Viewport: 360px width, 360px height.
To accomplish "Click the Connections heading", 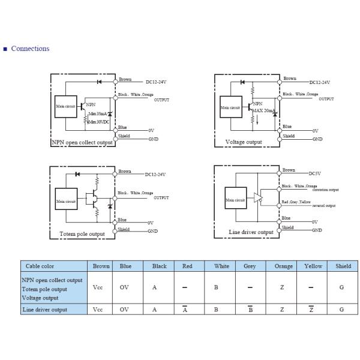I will point(30,49).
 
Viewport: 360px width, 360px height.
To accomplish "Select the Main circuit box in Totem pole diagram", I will point(65,202).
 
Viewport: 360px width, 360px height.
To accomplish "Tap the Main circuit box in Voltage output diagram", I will point(230,108).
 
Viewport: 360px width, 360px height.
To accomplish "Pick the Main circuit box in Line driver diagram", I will point(235,199).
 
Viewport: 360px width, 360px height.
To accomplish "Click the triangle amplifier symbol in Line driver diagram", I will point(258,197).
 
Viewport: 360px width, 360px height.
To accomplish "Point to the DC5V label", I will point(315,173).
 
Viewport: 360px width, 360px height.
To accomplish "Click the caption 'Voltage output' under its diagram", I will point(244,142).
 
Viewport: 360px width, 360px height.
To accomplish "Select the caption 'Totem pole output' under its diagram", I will point(82,234).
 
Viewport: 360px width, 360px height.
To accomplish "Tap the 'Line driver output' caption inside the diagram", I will point(251,232).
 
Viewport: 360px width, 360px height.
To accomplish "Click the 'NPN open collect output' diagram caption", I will point(82,142).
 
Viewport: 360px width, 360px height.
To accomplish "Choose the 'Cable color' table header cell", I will point(40,266).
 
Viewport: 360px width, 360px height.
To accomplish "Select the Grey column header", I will point(250,266).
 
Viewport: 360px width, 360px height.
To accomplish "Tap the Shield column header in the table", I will point(343,266).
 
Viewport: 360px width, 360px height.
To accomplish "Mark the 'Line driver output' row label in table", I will point(44,310).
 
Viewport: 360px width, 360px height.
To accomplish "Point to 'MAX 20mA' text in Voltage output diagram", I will point(264,111).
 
